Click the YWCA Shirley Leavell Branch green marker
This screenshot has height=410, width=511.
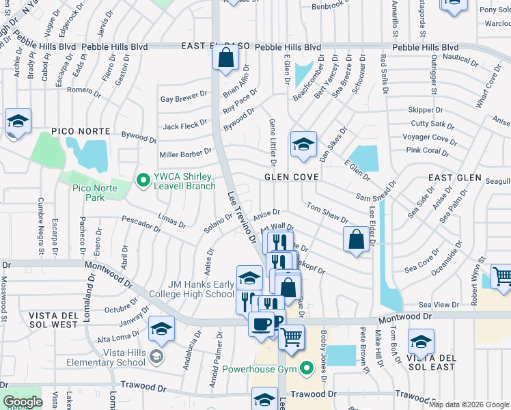point(143,180)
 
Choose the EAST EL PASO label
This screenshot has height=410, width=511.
point(208,46)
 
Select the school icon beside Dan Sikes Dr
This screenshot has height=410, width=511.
point(303,144)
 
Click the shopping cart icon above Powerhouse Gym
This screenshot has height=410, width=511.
point(292,337)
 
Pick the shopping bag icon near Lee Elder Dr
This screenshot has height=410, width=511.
point(355,239)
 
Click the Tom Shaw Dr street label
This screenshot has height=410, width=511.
point(327,213)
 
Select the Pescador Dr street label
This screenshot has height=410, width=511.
point(140,222)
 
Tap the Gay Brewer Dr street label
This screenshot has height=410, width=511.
point(184,98)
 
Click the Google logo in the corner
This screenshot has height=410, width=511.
point(23,402)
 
